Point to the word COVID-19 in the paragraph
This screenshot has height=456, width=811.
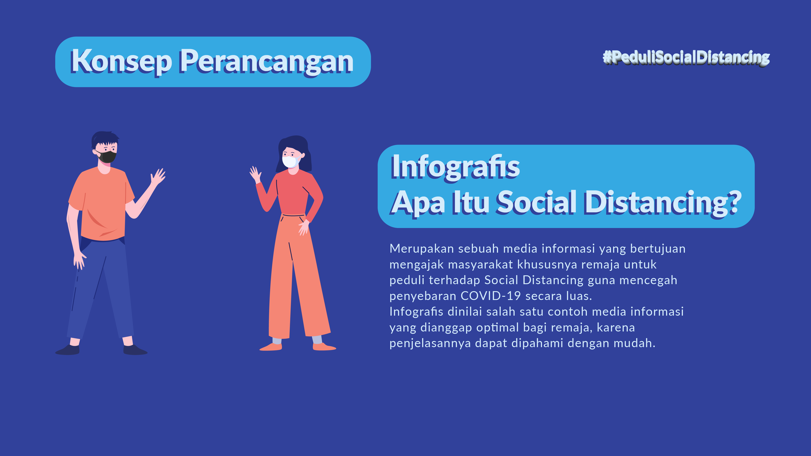pyautogui.click(x=490, y=296)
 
